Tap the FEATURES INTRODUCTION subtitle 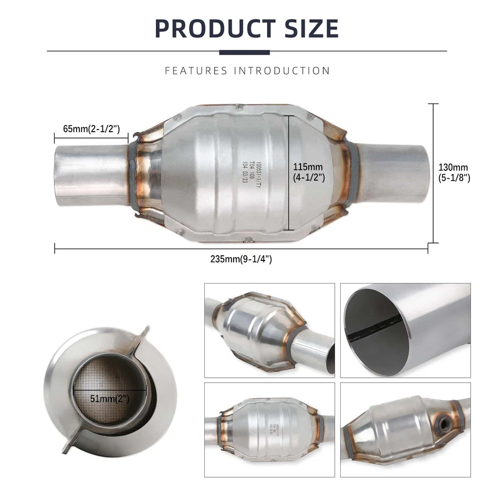pos(248,70)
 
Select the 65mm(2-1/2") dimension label pos(91,129)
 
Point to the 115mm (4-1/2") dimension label pos(309,172)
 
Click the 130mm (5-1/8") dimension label pos(454,172)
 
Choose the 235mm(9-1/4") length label pos(241,259)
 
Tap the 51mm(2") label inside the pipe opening pos(110,398)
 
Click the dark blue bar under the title pos(244,52)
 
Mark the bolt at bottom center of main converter pos(249,239)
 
